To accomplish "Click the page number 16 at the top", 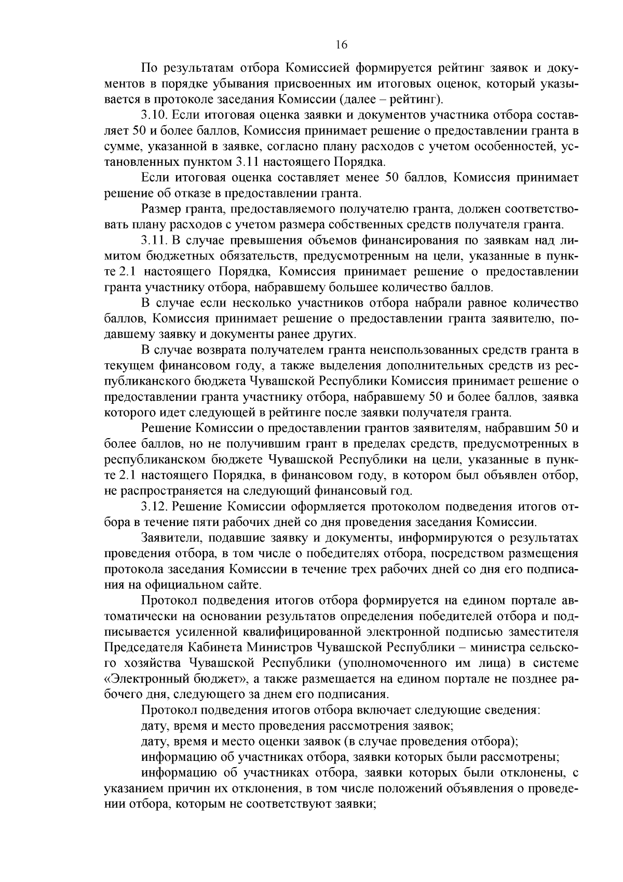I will pyautogui.click(x=341, y=45).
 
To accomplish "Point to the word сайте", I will pyautogui.click(x=245, y=584).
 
